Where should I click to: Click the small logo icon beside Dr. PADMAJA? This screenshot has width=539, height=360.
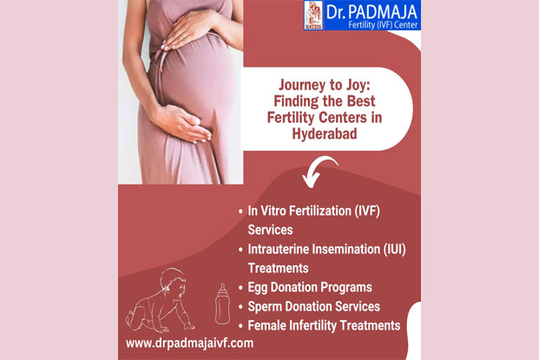[x=313, y=15]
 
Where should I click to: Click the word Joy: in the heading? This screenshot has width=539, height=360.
[x=356, y=85]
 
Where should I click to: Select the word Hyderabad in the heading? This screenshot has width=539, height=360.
[x=325, y=134]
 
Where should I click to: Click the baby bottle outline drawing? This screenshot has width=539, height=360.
[x=222, y=304]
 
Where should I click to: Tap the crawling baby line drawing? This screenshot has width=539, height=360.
[x=160, y=300]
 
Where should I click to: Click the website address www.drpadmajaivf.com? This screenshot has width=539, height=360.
[x=189, y=344]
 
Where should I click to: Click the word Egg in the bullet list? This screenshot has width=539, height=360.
[x=258, y=288]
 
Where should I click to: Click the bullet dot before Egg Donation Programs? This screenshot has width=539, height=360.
[x=240, y=288]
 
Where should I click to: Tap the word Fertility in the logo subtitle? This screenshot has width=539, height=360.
[x=361, y=25]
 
